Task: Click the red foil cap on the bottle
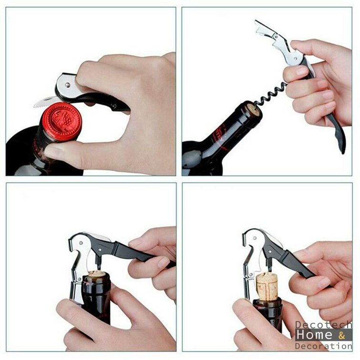tap(61, 122)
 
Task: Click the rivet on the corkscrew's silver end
tap(68, 85)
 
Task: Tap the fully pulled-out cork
tap(267, 286)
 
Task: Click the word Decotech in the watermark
tap(323, 325)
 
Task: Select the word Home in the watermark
tap(314, 335)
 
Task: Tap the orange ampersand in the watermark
tap(341, 335)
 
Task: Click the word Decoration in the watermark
tap(323, 346)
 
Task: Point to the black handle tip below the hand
tap(340, 140)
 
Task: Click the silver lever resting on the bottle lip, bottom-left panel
tap(78, 269)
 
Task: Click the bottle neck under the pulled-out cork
tap(268, 315)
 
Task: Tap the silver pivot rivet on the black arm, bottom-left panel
tap(100, 250)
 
